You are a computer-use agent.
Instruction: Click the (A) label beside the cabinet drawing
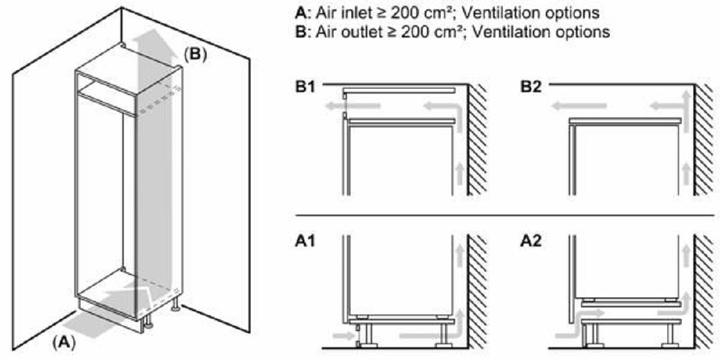pos(63,341)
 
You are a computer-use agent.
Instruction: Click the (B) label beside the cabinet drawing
pos(195,54)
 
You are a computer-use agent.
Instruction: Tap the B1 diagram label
pos(305,87)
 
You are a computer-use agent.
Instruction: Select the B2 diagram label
pos(531,87)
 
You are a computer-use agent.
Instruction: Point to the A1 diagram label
pos(305,241)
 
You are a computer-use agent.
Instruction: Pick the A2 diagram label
pos(531,241)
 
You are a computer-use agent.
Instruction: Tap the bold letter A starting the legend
pos(300,13)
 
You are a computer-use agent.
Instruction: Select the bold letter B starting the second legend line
pos(300,32)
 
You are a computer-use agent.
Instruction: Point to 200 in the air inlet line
pos(403,13)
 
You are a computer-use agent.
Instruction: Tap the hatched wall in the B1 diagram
pos(478,140)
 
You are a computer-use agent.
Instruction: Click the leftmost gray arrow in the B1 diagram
pos(353,106)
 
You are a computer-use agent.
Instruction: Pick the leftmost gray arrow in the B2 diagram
pos(579,107)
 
